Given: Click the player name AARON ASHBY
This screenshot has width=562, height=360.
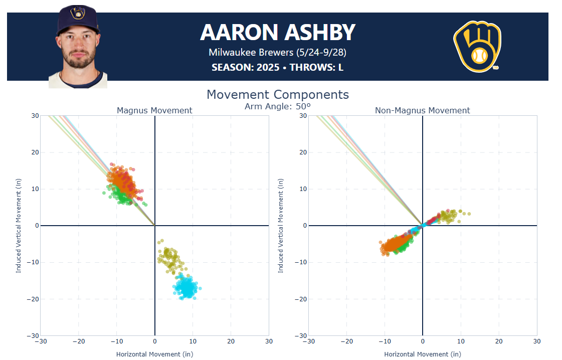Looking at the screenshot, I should tap(277, 33).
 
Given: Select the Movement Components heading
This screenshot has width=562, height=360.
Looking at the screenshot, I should tap(277, 94).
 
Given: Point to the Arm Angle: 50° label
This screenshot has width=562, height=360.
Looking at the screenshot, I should tap(277, 106).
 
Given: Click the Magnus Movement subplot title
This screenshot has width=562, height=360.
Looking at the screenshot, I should tap(154, 110).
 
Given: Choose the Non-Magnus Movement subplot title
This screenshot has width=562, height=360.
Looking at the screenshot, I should tap(422, 110).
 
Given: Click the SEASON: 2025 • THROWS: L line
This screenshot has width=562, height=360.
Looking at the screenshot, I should tap(277, 67).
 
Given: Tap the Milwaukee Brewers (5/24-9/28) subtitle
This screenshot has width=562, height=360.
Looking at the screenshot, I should tap(277, 52).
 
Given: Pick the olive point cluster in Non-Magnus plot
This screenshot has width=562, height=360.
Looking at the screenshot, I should tap(448, 216).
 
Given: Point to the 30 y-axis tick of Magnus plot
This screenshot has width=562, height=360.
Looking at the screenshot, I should tap(35, 116).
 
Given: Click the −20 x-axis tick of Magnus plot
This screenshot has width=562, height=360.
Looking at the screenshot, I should tap(78, 341).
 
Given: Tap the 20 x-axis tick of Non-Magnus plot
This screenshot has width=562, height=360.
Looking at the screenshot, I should tap(498, 341).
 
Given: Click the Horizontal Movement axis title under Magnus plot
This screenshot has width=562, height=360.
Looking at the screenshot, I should tap(154, 354).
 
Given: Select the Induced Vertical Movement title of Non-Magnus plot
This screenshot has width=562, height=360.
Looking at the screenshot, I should tap(281, 226).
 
